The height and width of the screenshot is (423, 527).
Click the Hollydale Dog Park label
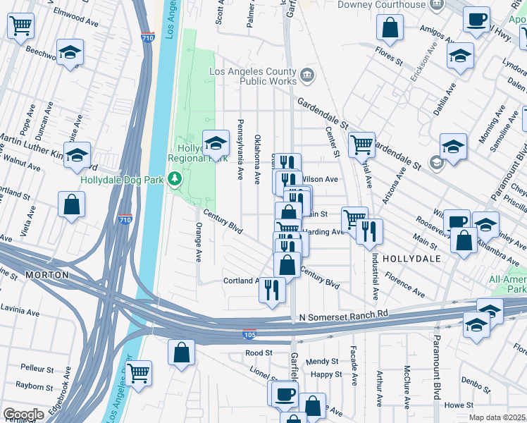(x=122, y=180)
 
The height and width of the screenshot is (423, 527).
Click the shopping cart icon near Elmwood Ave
(x=20, y=26)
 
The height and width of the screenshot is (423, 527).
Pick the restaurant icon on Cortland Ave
(x=273, y=289)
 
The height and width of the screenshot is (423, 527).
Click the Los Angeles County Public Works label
(x=254, y=76)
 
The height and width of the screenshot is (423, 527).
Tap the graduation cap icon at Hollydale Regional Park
(x=216, y=143)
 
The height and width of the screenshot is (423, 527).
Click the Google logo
(x=23, y=415)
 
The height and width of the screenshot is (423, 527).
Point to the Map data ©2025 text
(x=497, y=417)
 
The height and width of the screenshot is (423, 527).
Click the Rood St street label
(x=259, y=352)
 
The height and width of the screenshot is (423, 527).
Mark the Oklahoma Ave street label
(x=258, y=149)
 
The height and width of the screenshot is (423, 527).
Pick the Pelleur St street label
(x=37, y=368)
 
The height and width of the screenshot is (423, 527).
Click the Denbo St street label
(x=476, y=385)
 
